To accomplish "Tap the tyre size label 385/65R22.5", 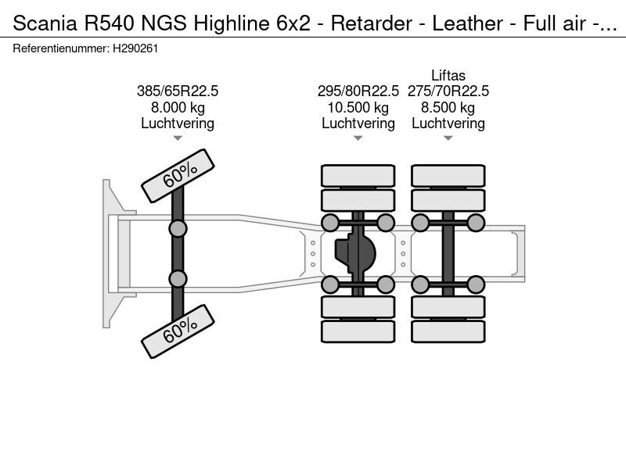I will tap(178, 91).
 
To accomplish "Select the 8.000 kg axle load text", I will tap(178, 107).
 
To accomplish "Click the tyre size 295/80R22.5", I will tap(358, 91).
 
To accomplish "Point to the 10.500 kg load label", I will tap(358, 107).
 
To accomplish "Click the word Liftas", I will tap(448, 76).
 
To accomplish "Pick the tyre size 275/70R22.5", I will tap(448, 91).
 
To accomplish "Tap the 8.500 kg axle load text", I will tap(448, 107).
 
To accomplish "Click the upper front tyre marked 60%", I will tap(178, 177).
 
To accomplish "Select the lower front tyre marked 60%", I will tap(178, 331).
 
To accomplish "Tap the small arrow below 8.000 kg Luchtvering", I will tap(178, 138).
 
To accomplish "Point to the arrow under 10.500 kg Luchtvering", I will tap(358, 138).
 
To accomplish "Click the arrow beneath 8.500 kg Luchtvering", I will tap(448, 138).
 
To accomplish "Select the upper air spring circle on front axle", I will tap(178, 228).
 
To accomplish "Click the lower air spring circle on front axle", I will tap(178, 278).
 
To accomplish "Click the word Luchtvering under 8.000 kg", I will tap(178, 123).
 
